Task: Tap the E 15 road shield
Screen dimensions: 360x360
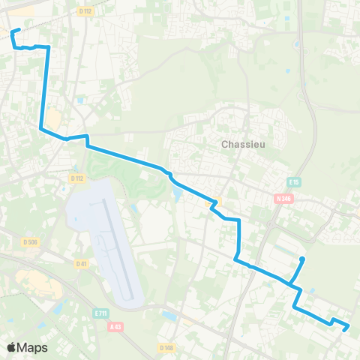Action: pos(294,181)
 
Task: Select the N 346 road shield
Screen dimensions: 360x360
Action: pos(283,198)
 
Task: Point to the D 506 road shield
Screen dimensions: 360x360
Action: pos(30,241)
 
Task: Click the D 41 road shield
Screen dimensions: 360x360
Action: pos(82,263)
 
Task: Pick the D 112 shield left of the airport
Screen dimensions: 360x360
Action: pos(76,178)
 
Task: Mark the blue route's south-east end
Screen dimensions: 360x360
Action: pos(347,328)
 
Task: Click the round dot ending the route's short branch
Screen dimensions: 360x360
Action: pos(302,259)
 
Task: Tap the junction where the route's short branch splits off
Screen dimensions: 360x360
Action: pos(289,283)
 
